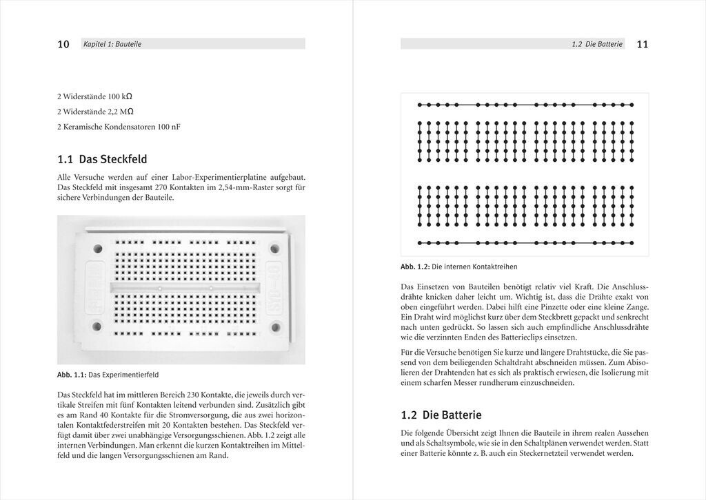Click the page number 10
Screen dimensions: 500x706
[x=63, y=44]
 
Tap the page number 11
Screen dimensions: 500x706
[x=642, y=44]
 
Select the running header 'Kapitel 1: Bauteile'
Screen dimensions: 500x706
[x=112, y=44]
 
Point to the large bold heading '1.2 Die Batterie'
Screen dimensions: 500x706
[x=441, y=415]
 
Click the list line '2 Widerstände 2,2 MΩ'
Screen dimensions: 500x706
[x=95, y=112]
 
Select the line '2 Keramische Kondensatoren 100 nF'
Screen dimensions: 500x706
[x=114, y=127]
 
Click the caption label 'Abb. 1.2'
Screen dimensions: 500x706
[x=415, y=267]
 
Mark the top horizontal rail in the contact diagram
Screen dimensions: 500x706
[x=525, y=105]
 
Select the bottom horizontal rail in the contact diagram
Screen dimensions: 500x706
[x=525, y=242]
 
